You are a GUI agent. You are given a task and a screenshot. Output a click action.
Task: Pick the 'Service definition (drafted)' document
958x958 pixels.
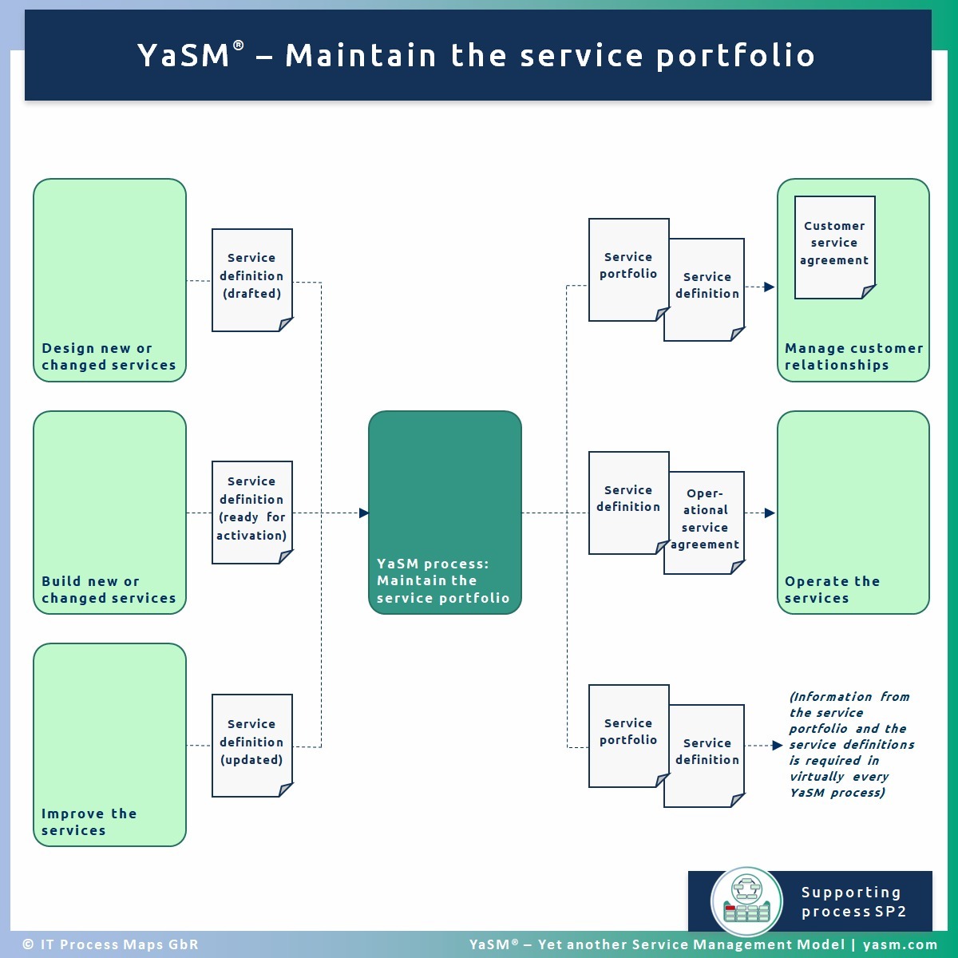(x=251, y=279)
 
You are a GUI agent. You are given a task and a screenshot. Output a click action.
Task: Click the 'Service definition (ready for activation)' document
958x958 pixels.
(x=251, y=512)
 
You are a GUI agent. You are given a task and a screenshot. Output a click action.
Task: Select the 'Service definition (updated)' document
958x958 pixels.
(x=251, y=745)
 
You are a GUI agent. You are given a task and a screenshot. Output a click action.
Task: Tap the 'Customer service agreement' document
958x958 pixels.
(x=834, y=247)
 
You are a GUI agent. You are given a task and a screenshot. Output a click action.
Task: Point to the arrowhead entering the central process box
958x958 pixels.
(x=363, y=513)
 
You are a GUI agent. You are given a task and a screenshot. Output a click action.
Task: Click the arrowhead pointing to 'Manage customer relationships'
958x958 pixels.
(x=769, y=287)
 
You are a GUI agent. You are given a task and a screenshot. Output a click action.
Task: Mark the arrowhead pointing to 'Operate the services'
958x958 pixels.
(x=769, y=513)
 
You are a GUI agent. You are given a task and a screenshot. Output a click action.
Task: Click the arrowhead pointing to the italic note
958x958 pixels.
(x=777, y=746)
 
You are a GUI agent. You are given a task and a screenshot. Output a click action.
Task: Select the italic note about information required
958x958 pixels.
(x=850, y=745)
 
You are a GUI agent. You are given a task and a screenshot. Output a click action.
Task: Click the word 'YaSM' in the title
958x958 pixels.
(x=184, y=55)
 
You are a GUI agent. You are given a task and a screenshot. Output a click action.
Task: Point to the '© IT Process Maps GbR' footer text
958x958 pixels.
(x=110, y=944)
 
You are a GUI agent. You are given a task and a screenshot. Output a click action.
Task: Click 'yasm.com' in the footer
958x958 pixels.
(x=900, y=944)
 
